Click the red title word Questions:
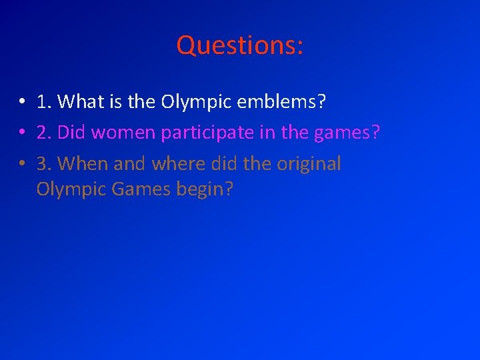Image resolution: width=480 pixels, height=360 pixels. tap(240, 45)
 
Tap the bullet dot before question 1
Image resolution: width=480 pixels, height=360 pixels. tap(22, 102)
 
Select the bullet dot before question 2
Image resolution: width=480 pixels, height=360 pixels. tap(22, 133)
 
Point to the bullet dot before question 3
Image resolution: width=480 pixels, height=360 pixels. tap(22, 164)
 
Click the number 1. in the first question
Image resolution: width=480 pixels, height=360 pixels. tap(45, 101)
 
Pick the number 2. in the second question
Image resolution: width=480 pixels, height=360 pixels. tap(45, 132)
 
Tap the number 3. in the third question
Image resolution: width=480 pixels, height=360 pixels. tap(45, 163)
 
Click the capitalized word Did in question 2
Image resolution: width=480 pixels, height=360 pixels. tap(72, 132)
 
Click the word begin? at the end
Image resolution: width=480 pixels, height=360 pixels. tap(205, 190)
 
